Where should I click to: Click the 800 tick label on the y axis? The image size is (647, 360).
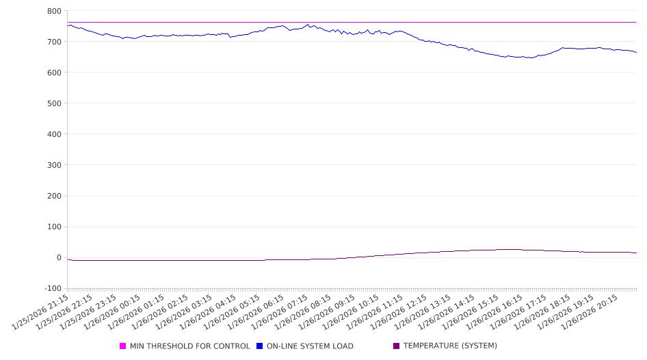tap(55, 11)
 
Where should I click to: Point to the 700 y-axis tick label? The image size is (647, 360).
tap(55, 42)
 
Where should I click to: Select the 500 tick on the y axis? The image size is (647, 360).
tap(55, 103)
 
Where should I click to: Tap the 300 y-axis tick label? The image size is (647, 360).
tap(55, 165)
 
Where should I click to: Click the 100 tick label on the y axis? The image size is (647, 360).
tap(55, 227)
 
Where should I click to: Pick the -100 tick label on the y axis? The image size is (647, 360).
tap(52, 288)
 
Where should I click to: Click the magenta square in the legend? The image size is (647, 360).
tap(123, 346)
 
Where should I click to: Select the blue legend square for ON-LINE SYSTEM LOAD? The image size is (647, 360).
tap(260, 346)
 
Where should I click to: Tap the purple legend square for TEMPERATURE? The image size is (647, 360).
tap(397, 346)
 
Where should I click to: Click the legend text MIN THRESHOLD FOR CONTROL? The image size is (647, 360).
tap(189, 346)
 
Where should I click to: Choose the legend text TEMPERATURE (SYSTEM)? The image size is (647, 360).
tap(450, 346)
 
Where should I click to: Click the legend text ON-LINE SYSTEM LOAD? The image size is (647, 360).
tap(310, 346)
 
